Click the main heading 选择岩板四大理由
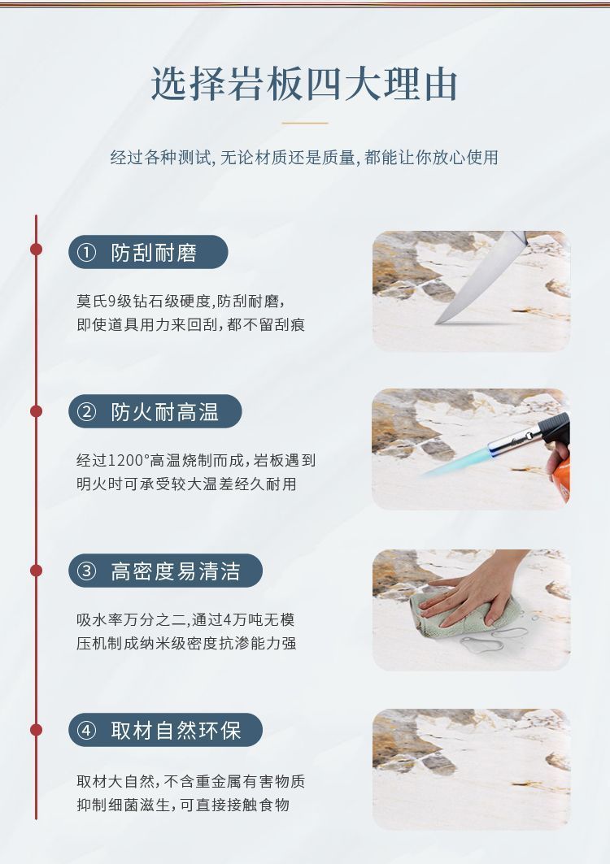[304, 85]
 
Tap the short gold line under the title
[304, 123]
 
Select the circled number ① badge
[86, 253]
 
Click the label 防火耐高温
[164, 412]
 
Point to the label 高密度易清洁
[176, 571]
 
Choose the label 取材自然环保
[176, 731]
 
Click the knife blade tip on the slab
[437, 323]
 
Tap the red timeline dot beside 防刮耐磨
[37, 249]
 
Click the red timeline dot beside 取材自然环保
[37, 730]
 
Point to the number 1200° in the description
[128, 460]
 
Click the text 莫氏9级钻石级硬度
[143, 301]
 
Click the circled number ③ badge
[86, 571]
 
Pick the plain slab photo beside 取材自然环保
[472, 769]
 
